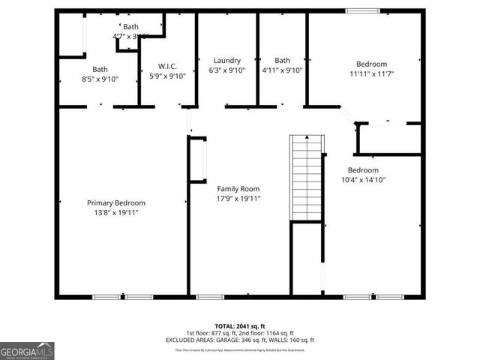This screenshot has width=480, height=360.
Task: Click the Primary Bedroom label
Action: pos(115,202)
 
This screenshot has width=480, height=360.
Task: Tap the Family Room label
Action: pos(238,189)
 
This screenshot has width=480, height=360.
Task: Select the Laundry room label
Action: pos(226,61)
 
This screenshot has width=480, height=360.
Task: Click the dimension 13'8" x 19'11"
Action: pos(115,213)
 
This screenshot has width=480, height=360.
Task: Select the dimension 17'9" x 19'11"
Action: pos(238,199)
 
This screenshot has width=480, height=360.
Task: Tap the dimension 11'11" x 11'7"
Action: pos(371,73)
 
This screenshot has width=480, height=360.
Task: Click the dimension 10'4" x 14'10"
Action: pos(363,180)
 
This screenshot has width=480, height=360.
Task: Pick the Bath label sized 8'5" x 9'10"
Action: pos(100,69)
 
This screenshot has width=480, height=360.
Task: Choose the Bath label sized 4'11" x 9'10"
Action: pos(282,61)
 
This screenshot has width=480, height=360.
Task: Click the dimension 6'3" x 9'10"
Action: pos(226,70)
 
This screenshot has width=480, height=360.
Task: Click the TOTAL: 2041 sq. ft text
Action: pos(240,326)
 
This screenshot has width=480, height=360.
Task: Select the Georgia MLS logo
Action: pos(27,351)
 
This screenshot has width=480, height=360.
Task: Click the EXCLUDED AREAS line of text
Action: pos(240,340)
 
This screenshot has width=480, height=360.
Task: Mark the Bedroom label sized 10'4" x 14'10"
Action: pos(363,170)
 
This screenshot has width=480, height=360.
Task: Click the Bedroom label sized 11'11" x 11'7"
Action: pos(371,64)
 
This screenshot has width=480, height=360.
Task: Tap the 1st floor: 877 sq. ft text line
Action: pos(240,333)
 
